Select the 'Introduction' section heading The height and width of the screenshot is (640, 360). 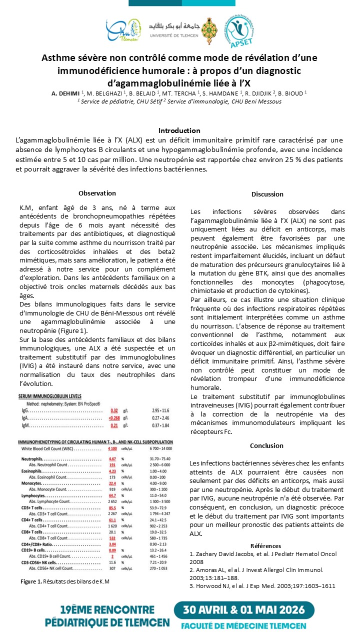pyautogui.click(x=179, y=130)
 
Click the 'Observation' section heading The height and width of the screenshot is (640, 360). pyautogui.click(x=97, y=193)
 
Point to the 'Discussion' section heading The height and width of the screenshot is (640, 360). pyautogui.click(x=267, y=194)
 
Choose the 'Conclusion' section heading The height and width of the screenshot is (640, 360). pyautogui.click(x=267, y=446)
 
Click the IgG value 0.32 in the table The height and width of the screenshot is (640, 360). pyautogui.click(x=114, y=410)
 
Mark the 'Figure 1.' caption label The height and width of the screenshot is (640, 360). pyautogui.click(x=31, y=581)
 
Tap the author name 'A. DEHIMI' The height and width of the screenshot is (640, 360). pyautogui.click(x=65, y=92)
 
